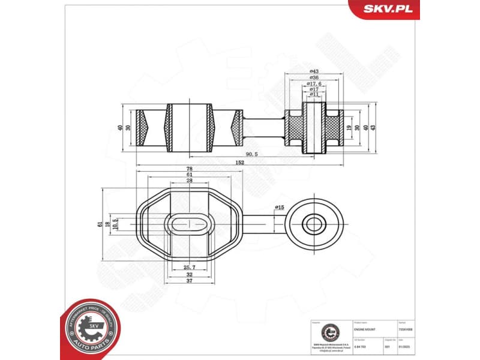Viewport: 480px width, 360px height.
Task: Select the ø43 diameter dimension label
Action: (313, 71)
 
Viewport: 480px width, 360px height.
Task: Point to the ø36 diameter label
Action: (313, 78)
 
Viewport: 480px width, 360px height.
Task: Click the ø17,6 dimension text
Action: (313, 84)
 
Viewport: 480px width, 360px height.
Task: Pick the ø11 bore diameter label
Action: (313, 95)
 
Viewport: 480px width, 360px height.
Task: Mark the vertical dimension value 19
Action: (349, 127)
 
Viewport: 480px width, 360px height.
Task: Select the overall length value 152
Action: (240, 162)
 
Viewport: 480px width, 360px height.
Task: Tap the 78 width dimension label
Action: (189, 169)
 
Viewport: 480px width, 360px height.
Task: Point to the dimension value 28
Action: (189, 181)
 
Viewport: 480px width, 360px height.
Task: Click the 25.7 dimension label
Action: (189, 268)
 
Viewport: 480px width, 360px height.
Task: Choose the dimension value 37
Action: (189, 281)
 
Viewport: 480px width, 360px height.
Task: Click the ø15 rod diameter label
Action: (278, 208)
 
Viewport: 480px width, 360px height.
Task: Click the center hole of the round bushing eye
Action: (313, 225)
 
